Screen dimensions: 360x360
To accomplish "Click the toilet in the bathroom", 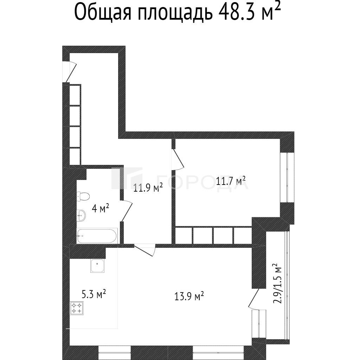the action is click(x=83, y=196).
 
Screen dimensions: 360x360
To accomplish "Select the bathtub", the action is click(x=97, y=236).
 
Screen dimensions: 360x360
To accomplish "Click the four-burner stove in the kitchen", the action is click(x=77, y=308).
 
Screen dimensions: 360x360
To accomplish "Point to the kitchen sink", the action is click(x=98, y=266).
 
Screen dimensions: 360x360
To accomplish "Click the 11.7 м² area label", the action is click(x=231, y=181).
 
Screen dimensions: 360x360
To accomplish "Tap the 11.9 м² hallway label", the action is click(x=148, y=188).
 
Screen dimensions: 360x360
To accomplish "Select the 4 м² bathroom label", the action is click(x=100, y=208).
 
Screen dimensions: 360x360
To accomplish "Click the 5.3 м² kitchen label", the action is click(x=94, y=294).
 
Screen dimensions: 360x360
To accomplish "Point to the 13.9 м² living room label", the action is click(x=189, y=296).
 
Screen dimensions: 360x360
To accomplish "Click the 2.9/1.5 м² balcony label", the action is click(x=277, y=283).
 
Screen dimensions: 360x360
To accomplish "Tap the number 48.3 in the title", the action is click(x=237, y=12).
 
